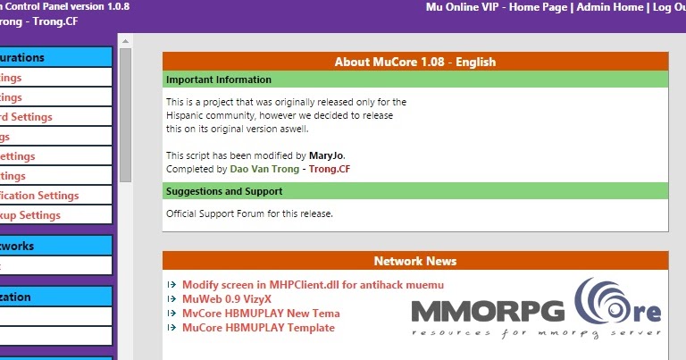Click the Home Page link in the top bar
click(x=540, y=7)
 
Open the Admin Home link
click(x=609, y=7)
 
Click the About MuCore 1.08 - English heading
click(x=414, y=62)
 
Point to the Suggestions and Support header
click(x=224, y=191)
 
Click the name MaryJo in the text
click(x=326, y=155)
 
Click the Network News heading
click(x=414, y=261)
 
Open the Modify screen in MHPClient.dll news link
click(x=313, y=285)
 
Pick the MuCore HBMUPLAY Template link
click(x=258, y=328)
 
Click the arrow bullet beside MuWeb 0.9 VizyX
click(x=172, y=299)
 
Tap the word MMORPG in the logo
click(x=488, y=312)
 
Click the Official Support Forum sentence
click(x=249, y=213)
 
